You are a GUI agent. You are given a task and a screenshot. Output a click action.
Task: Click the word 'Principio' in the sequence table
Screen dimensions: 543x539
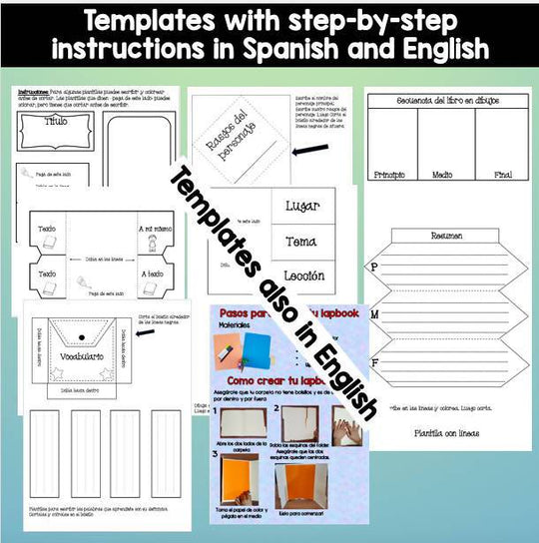[x=390, y=175]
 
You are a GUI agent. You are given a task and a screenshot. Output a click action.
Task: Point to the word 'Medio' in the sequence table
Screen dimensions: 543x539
[x=445, y=175]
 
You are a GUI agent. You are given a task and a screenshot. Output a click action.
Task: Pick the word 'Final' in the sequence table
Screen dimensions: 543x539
[x=502, y=175]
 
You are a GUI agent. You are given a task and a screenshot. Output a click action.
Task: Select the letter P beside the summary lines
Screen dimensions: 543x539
[x=375, y=268]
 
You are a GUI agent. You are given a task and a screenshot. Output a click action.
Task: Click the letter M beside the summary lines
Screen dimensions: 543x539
[x=375, y=315]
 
